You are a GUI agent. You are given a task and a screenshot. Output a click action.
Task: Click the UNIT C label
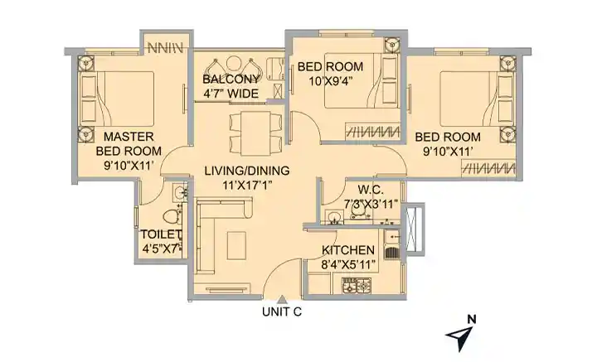click(x=282, y=311)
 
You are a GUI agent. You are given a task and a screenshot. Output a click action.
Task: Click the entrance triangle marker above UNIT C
click(x=282, y=299)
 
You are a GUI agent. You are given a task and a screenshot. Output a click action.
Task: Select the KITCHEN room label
click(x=348, y=250)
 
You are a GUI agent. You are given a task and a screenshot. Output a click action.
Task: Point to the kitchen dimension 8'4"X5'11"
click(x=348, y=264)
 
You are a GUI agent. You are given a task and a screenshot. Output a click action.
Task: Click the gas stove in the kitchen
click(x=357, y=285)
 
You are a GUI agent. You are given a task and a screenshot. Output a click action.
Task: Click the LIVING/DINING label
click(x=247, y=171)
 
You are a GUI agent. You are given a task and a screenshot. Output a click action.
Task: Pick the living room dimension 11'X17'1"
click(x=247, y=185)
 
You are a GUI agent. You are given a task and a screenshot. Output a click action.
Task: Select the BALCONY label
click(x=231, y=80)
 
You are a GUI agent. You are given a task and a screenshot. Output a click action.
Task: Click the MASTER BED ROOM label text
click(x=129, y=144)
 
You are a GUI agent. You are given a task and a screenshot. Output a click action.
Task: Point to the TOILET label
click(x=160, y=234)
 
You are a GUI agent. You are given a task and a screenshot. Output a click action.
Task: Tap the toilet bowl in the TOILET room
click(x=172, y=216)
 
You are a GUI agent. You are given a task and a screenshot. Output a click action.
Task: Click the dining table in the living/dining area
click(x=256, y=133)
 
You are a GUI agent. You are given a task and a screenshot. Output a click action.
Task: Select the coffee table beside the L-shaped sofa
click(x=236, y=245)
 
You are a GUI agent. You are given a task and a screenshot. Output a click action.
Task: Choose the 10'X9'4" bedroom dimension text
click(x=330, y=81)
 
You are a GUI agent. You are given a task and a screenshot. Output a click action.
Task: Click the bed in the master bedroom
click(x=117, y=98)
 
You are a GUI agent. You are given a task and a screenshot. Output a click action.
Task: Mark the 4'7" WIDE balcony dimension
click(x=231, y=94)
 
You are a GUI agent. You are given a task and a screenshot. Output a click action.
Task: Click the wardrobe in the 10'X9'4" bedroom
click(x=373, y=132)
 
